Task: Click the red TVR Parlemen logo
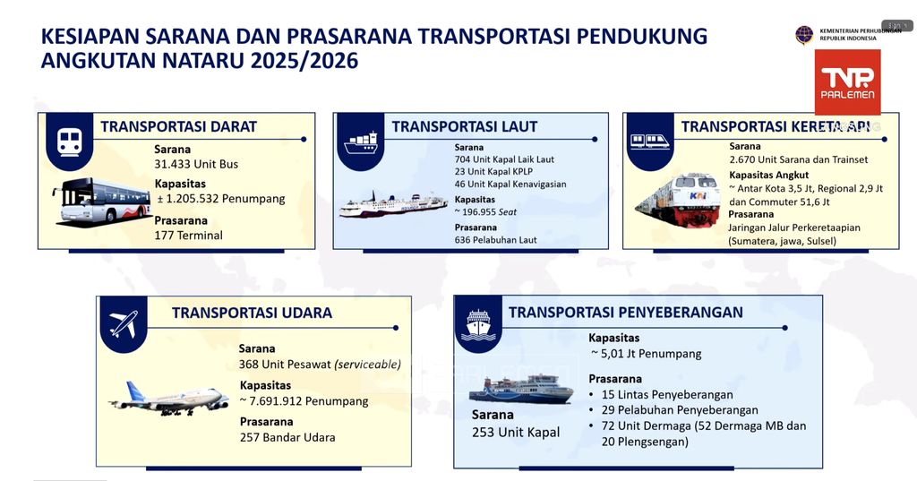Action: click(847, 82)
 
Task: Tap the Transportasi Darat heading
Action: click(178, 127)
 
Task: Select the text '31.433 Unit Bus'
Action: click(196, 164)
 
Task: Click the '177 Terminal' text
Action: click(188, 236)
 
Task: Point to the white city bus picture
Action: click(101, 201)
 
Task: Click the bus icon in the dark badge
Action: click(70, 140)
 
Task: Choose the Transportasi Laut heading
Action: click(464, 127)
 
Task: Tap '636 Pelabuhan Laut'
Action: click(495, 240)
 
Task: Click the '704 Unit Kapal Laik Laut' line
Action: click(504, 159)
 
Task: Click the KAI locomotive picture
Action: click(677, 200)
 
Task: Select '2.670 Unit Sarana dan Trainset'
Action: click(798, 159)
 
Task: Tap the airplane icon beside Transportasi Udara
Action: click(124, 323)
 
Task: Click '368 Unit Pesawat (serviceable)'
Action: click(319, 365)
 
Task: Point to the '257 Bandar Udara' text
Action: click(287, 438)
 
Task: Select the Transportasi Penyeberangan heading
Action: click(625, 312)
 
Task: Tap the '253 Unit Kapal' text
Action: click(515, 433)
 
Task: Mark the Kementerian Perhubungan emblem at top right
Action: click(804, 34)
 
